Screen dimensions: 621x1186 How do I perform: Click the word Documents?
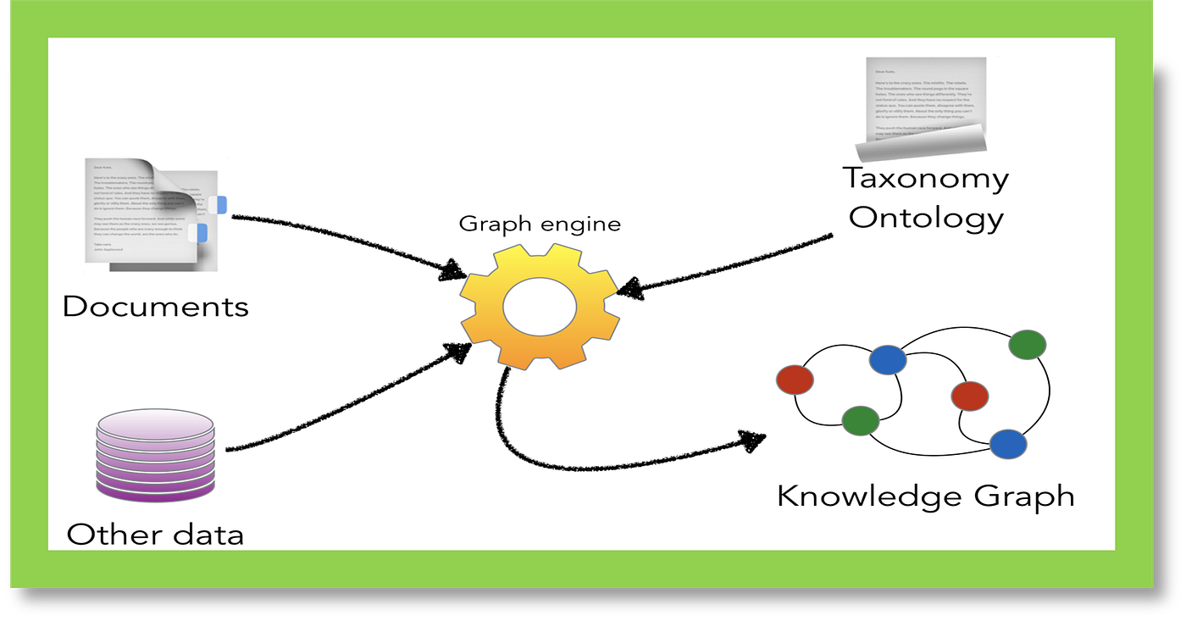(156, 306)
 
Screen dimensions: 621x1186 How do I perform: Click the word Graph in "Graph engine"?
(489, 225)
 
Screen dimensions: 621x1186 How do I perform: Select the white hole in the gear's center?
(540, 308)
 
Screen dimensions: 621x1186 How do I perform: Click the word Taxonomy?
(925, 179)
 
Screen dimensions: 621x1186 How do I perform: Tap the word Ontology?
(926, 218)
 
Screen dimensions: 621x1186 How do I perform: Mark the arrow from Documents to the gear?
(339, 238)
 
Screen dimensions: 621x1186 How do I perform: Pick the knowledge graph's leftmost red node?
(795, 380)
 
